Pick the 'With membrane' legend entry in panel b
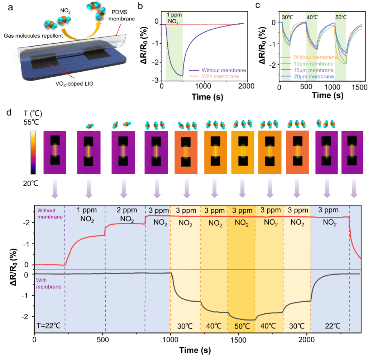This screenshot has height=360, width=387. click(219, 76)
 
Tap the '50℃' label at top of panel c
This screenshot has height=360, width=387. click(340, 16)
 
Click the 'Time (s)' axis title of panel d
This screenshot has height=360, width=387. click(196, 350)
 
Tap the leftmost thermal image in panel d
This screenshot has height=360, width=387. click(55, 152)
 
